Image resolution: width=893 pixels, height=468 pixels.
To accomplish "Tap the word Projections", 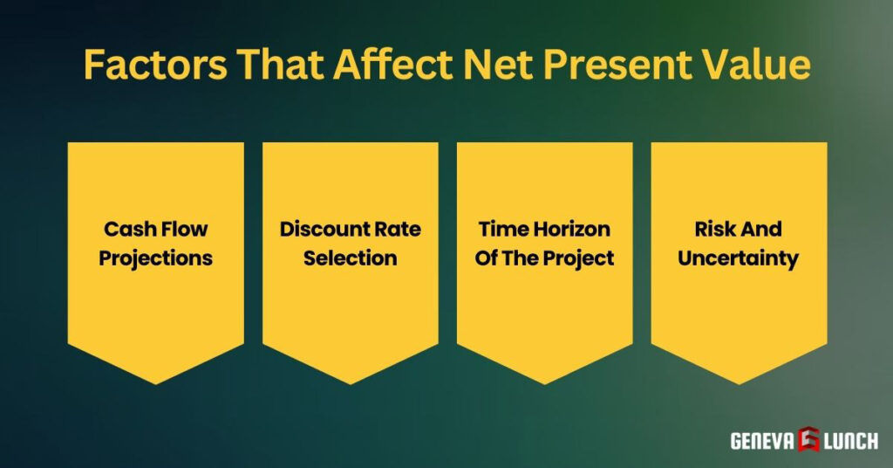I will click(x=156, y=258).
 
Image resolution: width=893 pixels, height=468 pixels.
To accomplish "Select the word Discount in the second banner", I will click(x=320, y=230).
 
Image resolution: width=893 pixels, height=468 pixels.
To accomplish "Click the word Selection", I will click(x=351, y=258).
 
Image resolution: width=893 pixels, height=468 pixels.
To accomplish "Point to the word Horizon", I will click(x=568, y=230).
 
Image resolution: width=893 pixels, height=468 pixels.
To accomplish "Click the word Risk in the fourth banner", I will click(x=714, y=230).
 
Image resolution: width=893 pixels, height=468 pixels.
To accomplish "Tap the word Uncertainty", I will click(x=740, y=258).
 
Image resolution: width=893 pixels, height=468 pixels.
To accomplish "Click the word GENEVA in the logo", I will click(x=761, y=441).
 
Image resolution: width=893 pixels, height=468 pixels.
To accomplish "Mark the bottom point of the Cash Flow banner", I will click(x=156, y=382).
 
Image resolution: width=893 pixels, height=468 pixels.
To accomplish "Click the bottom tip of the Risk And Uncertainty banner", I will click(x=740, y=382).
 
